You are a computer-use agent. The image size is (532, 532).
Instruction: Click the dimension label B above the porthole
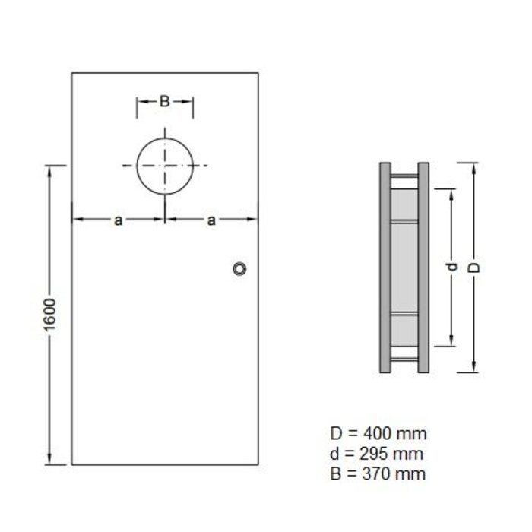pos(164,101)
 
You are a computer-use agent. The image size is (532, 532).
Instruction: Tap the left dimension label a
pos(118,220)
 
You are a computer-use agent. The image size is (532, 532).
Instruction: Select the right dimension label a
pos(211,220)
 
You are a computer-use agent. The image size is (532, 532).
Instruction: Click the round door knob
pos(240,268)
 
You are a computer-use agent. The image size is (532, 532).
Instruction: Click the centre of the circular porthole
pos(165,166)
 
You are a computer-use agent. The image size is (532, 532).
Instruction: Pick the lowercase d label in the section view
pos(451,268)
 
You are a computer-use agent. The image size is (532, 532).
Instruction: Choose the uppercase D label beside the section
pos(475,268)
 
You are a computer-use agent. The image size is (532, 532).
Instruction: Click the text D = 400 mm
pos(378,434)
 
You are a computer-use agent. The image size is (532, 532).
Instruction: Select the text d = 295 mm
pos(377,454)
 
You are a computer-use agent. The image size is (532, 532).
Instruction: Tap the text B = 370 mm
pos(378,473)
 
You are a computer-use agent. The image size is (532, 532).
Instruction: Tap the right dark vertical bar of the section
pos(424,268)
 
